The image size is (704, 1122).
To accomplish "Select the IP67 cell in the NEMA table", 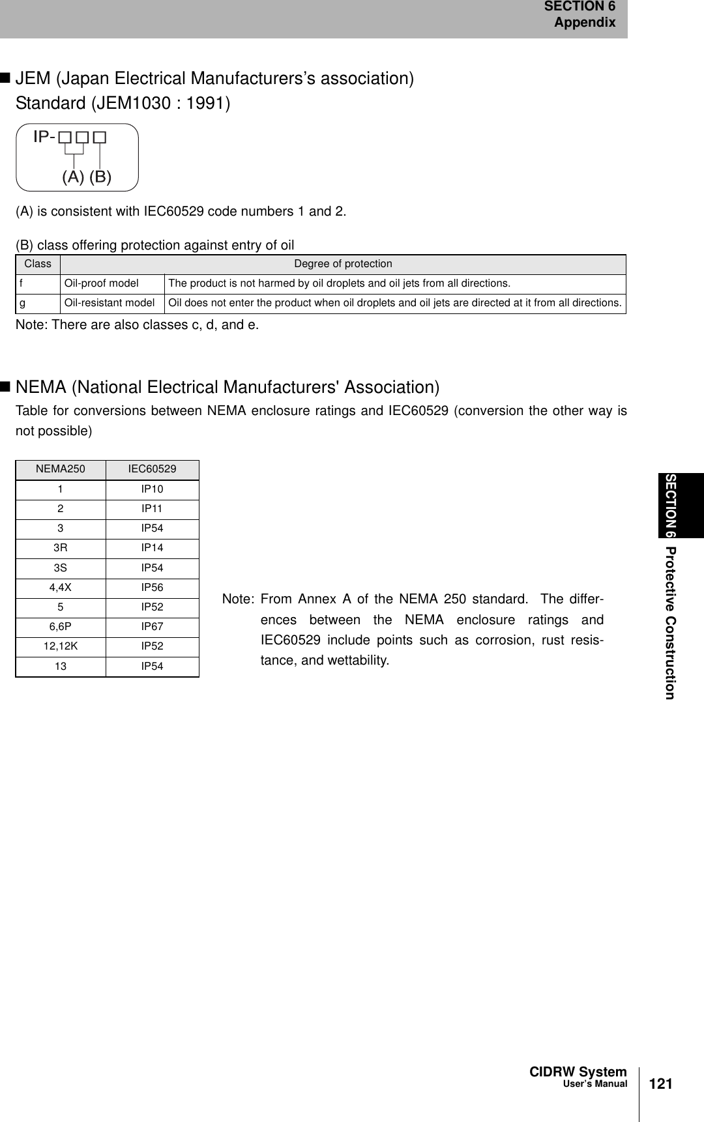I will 153,627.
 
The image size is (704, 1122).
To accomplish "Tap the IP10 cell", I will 153,489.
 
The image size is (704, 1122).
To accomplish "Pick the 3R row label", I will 60,549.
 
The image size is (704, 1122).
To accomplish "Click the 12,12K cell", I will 61,646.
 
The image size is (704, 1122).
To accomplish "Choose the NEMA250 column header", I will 61,468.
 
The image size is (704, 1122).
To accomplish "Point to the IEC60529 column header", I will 153,468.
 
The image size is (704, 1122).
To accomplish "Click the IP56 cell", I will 153,588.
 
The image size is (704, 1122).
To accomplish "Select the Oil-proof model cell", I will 101,283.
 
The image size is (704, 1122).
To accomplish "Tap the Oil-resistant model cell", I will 110,303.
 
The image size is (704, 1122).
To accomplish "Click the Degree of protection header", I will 343,264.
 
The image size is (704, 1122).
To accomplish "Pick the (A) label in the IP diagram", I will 73,176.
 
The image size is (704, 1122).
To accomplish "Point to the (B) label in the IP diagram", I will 100,176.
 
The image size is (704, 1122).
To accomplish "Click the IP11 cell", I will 153,509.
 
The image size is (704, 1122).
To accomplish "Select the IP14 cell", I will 153,549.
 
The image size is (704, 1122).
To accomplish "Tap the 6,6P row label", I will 61,627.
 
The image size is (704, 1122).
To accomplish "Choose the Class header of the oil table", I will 38,264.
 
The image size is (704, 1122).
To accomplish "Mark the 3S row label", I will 60,568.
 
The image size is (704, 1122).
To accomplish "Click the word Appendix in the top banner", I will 585,23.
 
